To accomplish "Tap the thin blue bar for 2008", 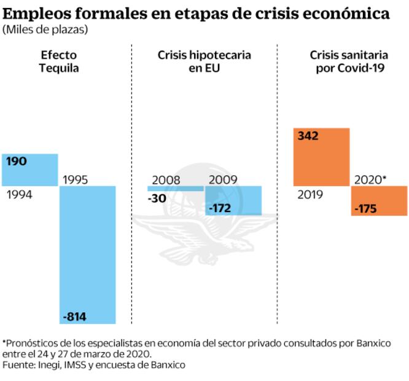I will point(174,188).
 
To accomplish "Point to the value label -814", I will point(75,317).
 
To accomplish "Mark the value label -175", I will point(366,210).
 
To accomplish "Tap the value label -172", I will point(220,209).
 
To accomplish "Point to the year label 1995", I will point(76,180).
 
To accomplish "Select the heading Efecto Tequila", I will point(59,61).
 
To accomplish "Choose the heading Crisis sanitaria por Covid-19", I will point(348,61).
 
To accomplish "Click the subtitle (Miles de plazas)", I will point(45,29).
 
